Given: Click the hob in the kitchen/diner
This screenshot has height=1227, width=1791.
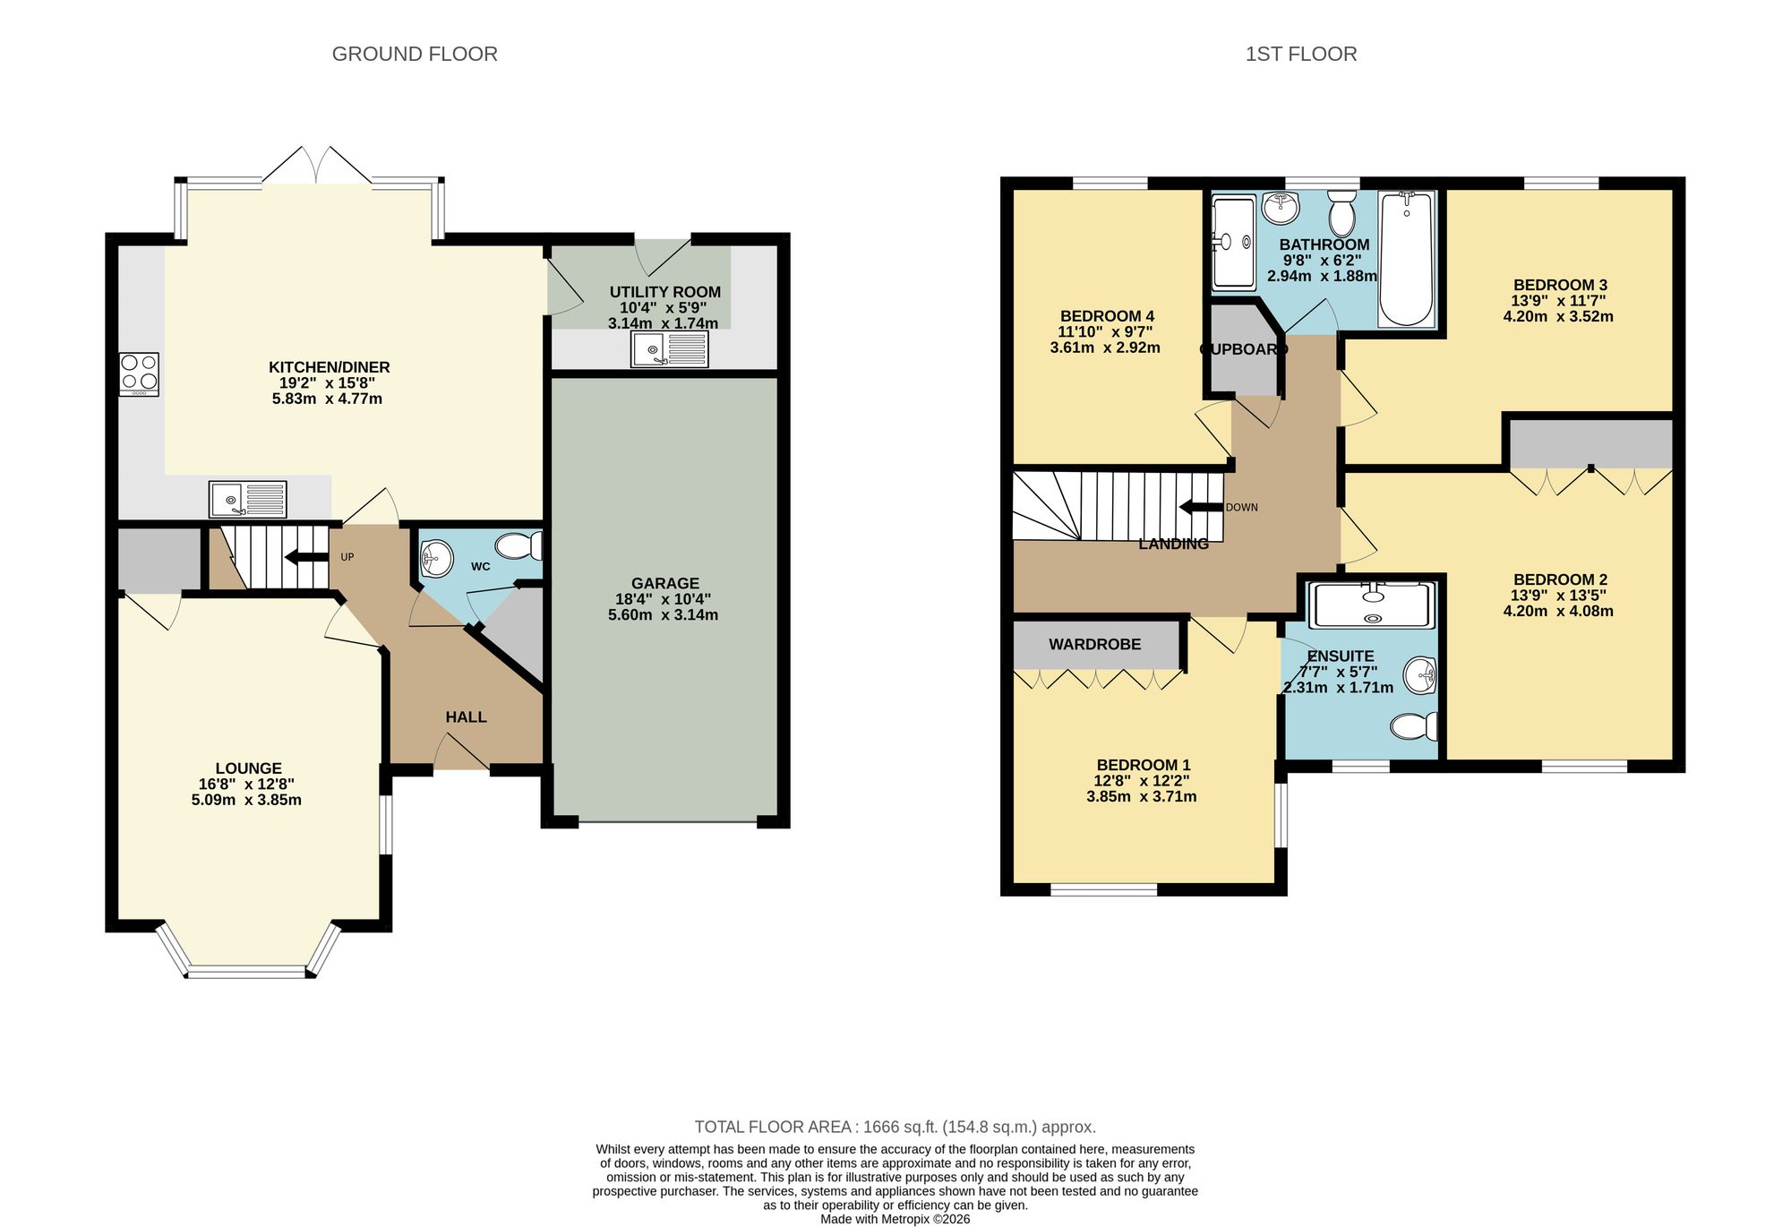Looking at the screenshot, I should (x=139, y=374).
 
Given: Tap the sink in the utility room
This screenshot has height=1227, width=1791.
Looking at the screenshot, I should (x=670, y=349).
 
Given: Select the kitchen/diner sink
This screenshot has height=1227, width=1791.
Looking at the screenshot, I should (x=248, y=499).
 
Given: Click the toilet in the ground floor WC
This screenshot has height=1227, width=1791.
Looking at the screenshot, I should (x=518, y=545).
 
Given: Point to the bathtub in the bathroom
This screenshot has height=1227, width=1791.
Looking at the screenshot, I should (x=1407, y=259).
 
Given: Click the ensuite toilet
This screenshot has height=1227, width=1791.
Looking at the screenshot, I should (x=1414, y=725).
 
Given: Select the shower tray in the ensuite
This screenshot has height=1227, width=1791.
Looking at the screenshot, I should (x=1371, y=605).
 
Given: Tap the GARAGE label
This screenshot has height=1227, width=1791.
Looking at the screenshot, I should (x=664, y=583).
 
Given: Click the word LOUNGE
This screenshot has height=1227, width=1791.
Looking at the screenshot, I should (x=248, y=768).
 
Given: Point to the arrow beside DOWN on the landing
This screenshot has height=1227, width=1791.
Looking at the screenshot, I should (x=1201, y=508).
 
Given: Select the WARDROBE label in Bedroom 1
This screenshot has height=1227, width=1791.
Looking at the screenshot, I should (x=1094, y=644).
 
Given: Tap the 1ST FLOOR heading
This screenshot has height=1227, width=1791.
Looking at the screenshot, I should (x=1300, y=54).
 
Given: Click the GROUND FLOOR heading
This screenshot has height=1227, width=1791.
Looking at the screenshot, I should (x=415, y=54).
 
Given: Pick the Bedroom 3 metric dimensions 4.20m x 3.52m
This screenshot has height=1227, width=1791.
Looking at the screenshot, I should (x=1558, y=316).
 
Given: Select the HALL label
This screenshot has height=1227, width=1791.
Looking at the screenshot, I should (x=466, y=717).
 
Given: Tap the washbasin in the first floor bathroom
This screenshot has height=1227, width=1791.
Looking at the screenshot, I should (x=1281, y=208).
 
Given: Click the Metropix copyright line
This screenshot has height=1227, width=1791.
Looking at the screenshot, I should (x=895, y=1219).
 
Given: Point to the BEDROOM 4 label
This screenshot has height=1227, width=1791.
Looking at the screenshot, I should (x=1107, y=316).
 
